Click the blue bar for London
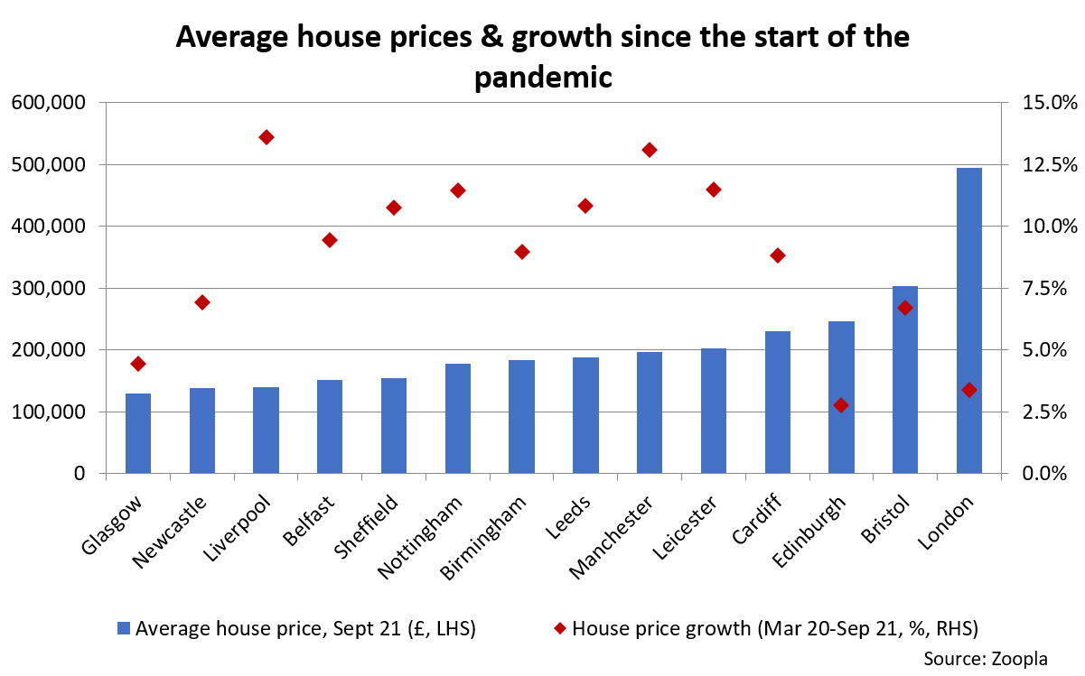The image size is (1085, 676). click(968, 320)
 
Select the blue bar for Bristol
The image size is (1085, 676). click(905, 380)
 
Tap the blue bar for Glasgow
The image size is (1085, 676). click(138, 433)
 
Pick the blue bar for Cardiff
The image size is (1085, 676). click(777, 403)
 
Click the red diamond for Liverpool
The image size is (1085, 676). click(266, 137)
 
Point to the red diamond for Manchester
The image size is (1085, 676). click(649, 150)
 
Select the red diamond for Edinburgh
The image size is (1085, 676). click(841, 405)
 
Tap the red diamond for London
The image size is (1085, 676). click(969, 390)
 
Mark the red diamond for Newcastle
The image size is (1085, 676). click(202, 302)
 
